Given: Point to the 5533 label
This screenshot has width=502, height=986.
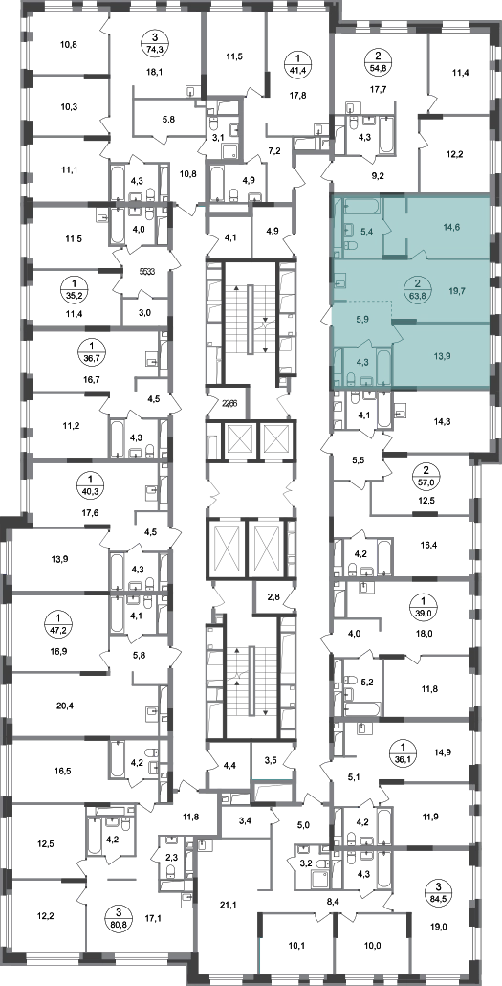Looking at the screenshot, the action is (x=147, y=273).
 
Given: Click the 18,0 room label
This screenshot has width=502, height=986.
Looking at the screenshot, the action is (x=426, y=635).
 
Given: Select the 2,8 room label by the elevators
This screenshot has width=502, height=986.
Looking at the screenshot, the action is (x=274, y=595).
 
